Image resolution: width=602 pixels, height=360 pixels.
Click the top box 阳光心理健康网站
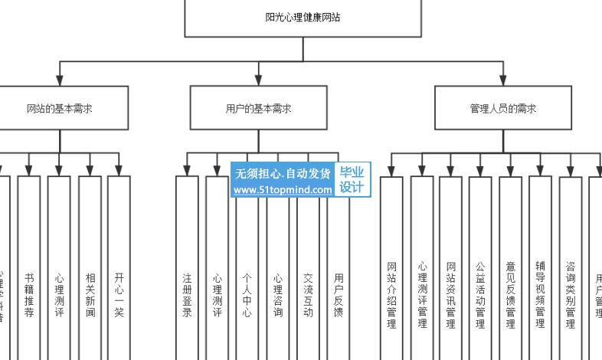(x=303, y=18)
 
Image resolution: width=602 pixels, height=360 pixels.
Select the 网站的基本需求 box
(x=60, y=108)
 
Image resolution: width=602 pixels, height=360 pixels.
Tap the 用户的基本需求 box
(x=258, y=108)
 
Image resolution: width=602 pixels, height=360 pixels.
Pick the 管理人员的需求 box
(x=502, y=108)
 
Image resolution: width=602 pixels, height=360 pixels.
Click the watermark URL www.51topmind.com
(x=283, y=190)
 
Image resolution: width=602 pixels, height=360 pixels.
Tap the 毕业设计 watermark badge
(x=352, y=180)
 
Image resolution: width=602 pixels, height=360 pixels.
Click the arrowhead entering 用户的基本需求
(x=258, y=80)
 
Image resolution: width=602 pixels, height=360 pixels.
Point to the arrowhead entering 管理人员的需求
(x=502, y=80)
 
